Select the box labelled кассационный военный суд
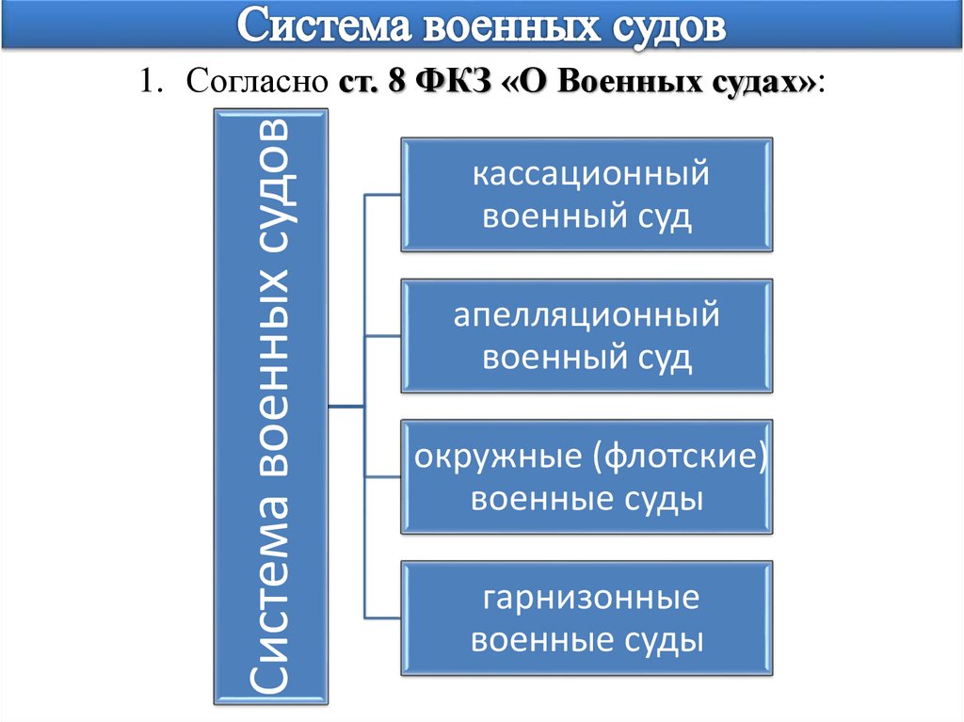[588, 195]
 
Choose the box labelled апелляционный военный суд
[588, 336]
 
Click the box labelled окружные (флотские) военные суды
[588, 477]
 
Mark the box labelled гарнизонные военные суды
[588, 618]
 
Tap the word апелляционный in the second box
[586, 316]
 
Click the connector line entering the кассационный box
[383, 195]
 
